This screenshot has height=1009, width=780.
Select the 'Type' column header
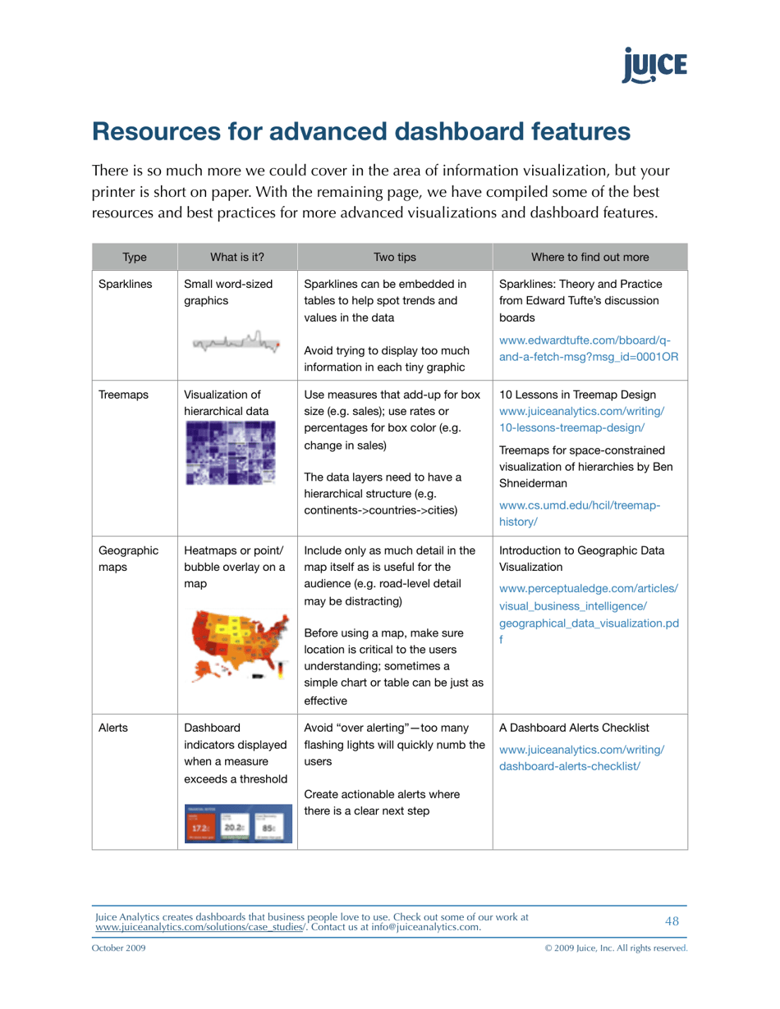tap(134, 257)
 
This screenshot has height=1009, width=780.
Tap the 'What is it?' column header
tap(236, 257)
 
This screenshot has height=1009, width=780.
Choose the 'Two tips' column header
tap(394, 257)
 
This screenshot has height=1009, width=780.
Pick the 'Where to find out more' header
tap(590, 257)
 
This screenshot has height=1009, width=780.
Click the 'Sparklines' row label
tap(125, 285)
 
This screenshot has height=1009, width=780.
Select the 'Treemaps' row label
tap(123, 395)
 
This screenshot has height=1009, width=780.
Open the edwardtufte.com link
tap(585, 349)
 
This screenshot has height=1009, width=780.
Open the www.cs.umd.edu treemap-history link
tap(580, 514)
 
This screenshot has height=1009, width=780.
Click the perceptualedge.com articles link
tap(588, 605)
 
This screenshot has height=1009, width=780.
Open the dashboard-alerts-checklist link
tap(581, 757)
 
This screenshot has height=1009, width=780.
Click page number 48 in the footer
tap(672, 921)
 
